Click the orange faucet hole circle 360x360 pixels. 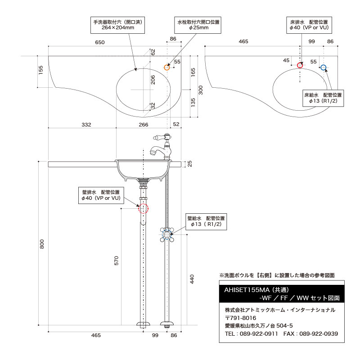[x=167, y=67]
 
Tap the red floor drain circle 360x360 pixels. [x=301, y=66]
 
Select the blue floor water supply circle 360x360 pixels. [x=323, y=68]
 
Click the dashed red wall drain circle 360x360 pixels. [x=143, y=208]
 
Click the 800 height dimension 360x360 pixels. [x=42, y=243]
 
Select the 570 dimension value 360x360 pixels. [x=116, y=261]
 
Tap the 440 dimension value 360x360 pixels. [x=193, y=279]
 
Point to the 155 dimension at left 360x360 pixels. [x=41, y=70]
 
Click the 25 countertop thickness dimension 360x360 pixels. [x=189, y=164]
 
